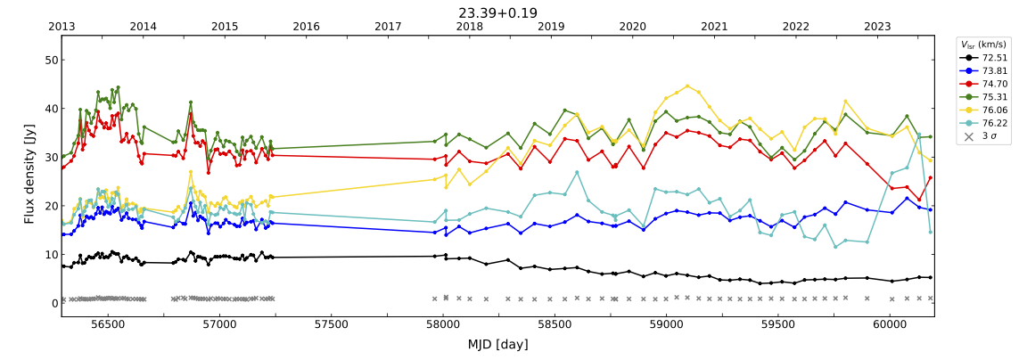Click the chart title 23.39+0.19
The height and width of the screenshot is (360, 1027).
[497, 12]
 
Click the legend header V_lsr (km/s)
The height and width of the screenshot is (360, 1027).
[983, 44]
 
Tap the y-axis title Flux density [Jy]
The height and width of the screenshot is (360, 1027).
[29, 174]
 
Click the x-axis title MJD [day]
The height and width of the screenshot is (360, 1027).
[497, 344]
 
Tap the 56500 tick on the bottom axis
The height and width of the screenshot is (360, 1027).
[108, 325]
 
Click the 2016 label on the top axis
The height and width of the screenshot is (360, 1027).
[306, 27]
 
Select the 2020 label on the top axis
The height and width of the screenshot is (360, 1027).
[632, 27]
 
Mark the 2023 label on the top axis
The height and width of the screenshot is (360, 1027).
[877, 27]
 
